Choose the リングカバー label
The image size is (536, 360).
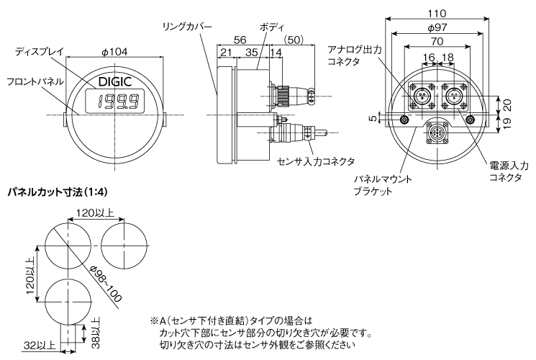(x=187, y=25)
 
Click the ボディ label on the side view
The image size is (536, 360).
(x=271, y=25)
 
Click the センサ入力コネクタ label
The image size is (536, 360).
(x=316, y=161)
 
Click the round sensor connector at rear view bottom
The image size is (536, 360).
(x=437, y=134)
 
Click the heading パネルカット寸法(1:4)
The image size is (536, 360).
(x=57, y=194)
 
